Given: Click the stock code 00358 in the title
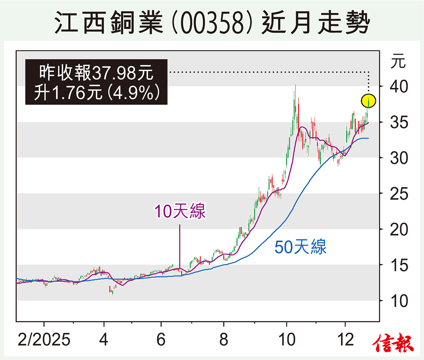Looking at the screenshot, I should coord(213,24).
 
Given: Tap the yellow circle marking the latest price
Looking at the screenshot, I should coord(369,101).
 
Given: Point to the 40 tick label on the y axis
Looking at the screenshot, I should coord(399,86).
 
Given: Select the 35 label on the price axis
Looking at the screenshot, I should coord(399,122).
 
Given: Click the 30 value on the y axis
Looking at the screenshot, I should coord(399,158).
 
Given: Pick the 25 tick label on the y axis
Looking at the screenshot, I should coord(399,194).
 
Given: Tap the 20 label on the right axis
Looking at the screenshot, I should coord(399,230).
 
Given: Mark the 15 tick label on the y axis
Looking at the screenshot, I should coord(399,265).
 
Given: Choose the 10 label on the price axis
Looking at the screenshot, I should coord(399,301).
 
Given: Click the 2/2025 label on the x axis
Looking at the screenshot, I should coord(44,340).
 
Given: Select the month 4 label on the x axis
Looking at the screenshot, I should coord(104,340).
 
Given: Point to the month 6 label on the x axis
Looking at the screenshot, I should coord(161,340).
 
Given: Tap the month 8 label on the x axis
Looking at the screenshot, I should coord(224,340).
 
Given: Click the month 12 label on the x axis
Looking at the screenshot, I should coord(346,340).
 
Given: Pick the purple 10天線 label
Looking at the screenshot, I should coord(180,211).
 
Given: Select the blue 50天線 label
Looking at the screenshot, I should coord(300,247).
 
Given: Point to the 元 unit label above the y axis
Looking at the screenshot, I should coord(398,62).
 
